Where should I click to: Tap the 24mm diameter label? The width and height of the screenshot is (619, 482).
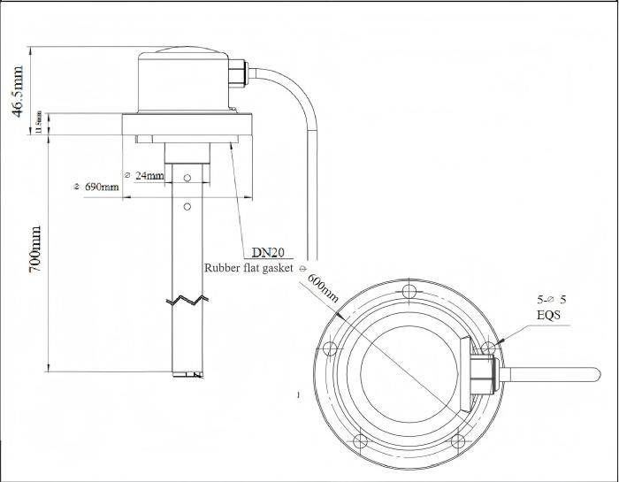145,175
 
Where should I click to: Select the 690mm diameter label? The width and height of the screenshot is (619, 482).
97,187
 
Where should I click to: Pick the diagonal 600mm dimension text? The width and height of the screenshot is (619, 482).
324,288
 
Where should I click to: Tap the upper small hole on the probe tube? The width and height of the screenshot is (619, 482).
187,178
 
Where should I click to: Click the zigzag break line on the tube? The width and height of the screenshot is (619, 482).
188,299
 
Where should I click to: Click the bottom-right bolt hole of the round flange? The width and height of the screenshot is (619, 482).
457,441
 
